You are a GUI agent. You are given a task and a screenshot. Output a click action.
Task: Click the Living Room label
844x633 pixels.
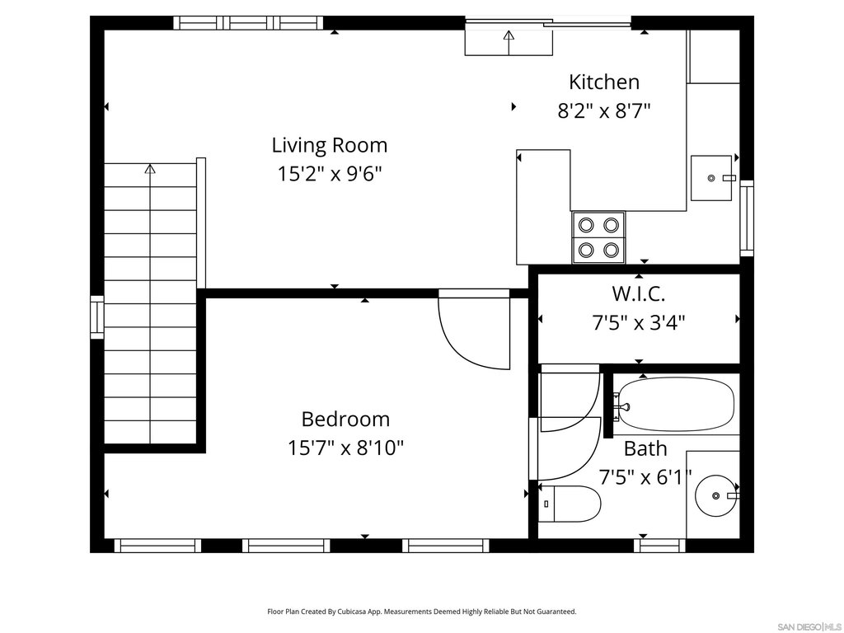pyautogui.click(x=330, y=145)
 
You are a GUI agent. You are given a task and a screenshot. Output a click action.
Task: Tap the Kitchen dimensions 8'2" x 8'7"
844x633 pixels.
pyautogui.click(x=604, y=111)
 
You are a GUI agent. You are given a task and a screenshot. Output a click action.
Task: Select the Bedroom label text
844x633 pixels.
pyautogui.click(x=345, y=420)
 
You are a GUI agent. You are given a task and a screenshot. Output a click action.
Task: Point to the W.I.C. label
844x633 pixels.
pyautogui.click(x=639, y=294)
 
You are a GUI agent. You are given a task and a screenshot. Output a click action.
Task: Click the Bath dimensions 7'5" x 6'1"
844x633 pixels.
pyautogui.click(x=645, y=477)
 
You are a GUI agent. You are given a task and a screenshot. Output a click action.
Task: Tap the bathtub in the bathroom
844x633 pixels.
pyautogui.click(x=674, y=404)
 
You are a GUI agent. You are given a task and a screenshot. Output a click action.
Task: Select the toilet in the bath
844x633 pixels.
pyautogui.click(x=570, y=504)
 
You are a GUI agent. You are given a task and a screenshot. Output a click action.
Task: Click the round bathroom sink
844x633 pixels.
pyautogui.click(x=716, y=495)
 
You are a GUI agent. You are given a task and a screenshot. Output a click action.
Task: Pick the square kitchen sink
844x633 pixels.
pyautogui.click(x=711, y=178)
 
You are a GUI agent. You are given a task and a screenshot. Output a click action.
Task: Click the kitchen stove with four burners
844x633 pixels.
pyautogui.click(x=598, y=237)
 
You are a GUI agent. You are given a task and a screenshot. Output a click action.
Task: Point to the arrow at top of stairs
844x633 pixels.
pyautogui.click(x=150, y=169)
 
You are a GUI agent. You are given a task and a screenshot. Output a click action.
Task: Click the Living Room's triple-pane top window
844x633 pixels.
pyautogui.click(x=248, y=22)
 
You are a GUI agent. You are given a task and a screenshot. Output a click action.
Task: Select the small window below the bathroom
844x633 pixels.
pyautogui.click(x=659, y=546)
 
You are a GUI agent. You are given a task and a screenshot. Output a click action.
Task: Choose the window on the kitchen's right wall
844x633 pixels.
pyautogui.click(x=747, y=218)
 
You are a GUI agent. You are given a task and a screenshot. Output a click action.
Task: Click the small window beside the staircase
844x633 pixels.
pyautogui.click(x=97, y=317)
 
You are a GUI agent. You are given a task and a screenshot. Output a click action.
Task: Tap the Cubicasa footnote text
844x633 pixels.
pyautogui.click(x=422, y=612)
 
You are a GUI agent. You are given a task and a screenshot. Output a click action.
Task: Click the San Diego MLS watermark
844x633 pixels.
pyautogui.click(x=809, y=626)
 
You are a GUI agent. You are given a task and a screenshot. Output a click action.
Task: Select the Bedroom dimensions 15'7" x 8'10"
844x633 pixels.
pyautogui.click(x=345, y=448)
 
